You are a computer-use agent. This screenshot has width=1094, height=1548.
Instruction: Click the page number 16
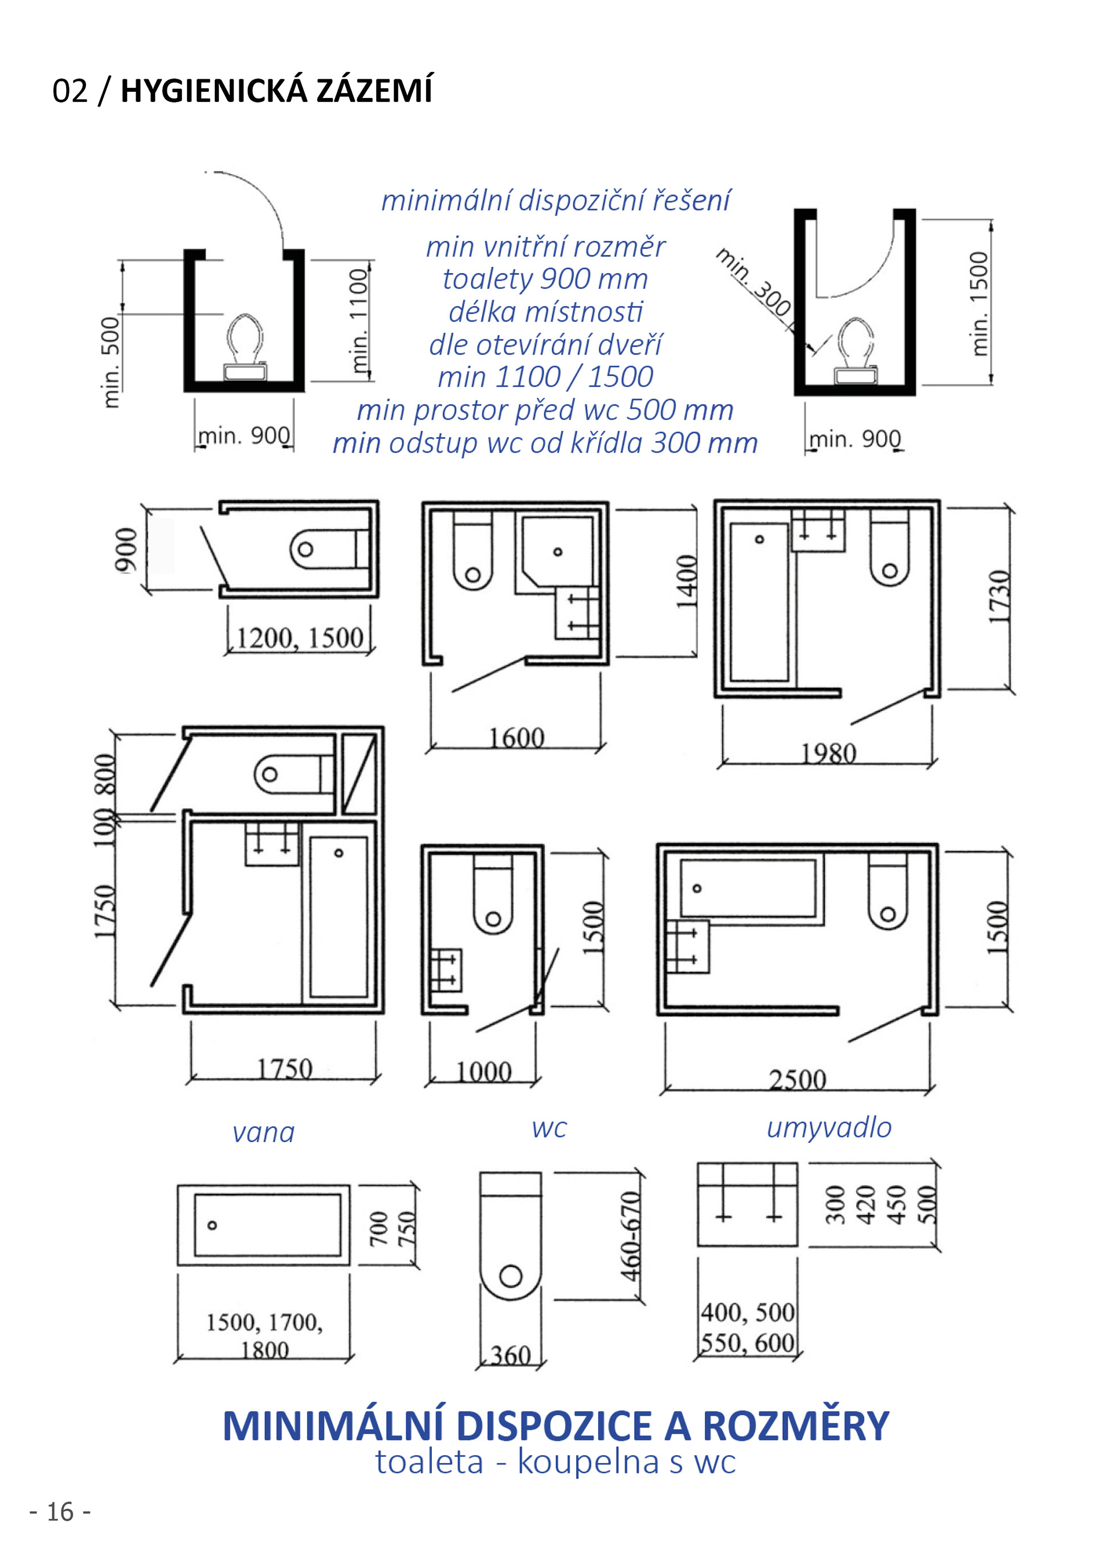click(60, 1512)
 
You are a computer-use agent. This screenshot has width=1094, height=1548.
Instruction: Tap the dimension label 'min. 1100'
click(358, 320)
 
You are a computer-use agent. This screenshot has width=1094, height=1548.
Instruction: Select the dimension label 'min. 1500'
click(979, 303)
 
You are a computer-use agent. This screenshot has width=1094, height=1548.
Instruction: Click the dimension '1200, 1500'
click(299, 638)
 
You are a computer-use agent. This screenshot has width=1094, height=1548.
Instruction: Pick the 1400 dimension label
click(686, 581)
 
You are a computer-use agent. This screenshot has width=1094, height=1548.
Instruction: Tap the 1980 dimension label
click(828, 753)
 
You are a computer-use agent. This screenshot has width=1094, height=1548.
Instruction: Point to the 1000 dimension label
click(484, 1072)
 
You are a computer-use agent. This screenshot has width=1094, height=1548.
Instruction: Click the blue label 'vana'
click(264, 1133)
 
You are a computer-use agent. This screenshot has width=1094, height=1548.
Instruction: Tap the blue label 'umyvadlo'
click(829, 1127)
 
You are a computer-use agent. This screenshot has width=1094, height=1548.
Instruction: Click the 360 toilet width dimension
click(511, 1356)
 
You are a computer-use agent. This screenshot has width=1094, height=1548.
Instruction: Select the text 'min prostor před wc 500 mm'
click(545, 410)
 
